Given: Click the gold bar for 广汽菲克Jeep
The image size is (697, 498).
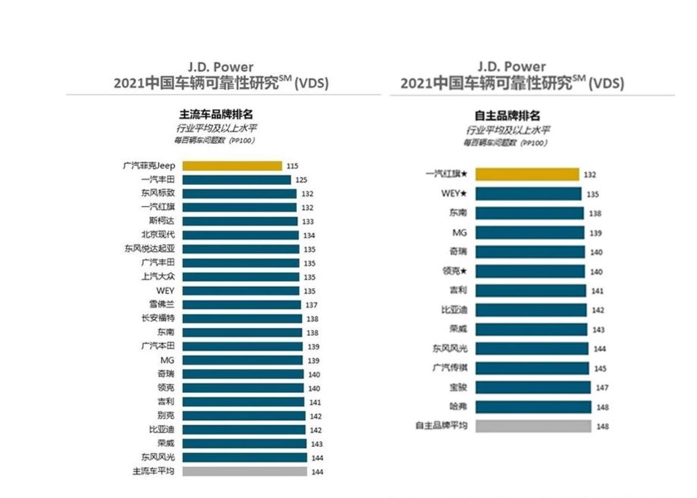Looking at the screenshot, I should coord(232,166).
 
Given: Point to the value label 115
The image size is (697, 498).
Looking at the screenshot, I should coord(292,166).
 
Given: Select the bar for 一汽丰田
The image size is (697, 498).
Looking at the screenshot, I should coord(236,179).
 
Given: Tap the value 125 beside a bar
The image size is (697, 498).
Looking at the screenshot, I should coord(301,180).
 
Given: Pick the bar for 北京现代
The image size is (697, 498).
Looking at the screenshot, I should coord(240,235).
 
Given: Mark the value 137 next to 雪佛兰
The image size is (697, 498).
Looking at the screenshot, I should coord(310,305).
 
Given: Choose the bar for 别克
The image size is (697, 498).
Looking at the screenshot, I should coord(243,415).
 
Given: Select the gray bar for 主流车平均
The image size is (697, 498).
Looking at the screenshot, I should coord(244,471).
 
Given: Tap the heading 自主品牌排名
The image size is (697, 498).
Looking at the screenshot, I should coord(507,116).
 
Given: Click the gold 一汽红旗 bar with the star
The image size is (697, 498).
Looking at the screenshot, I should coord(528,174).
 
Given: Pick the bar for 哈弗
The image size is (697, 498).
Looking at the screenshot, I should coord(533,406).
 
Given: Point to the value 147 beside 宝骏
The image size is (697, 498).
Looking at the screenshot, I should coord(602,387).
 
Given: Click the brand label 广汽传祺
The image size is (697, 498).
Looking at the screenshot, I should coord(450,368).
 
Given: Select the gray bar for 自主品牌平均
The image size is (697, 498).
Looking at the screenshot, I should coord(533,426).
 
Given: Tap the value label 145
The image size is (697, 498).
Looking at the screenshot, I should coord(600,368).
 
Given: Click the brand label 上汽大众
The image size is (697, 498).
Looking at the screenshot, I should coord(158,277).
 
